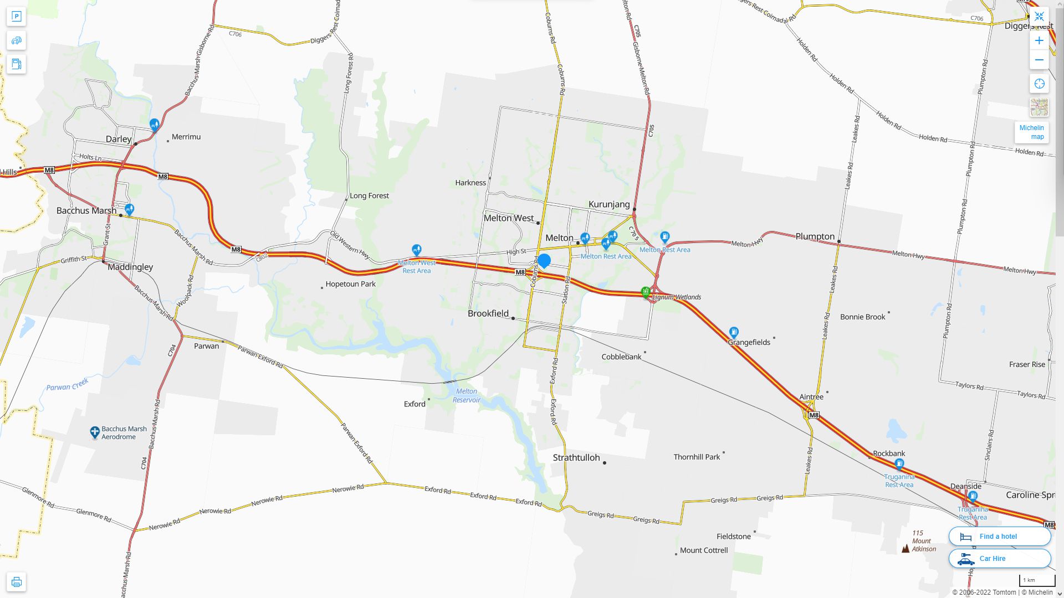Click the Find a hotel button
(x=999, y=536)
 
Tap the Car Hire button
(x=999, y=558)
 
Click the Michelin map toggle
(x=1031, y=132)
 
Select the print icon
(x=16, y=582)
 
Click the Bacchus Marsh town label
(x=86, y=211)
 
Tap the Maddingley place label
(x=130, y=267)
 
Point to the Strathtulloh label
(x=576, y=458)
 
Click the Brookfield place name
(x=488, y=313)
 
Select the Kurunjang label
(x=609, y=204)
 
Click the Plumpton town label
(x=815, y=236)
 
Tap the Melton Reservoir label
(x=466, y=395)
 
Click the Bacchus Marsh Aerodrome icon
(x=95, y=432)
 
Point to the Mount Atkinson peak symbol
(x=906, y=548)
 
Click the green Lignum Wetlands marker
(x=646, y=292)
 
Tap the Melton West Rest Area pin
(x=417, y=250)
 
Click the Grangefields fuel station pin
(x=734, y=332)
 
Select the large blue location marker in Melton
(x=544, y=261)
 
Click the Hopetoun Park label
(x=350, y=284)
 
